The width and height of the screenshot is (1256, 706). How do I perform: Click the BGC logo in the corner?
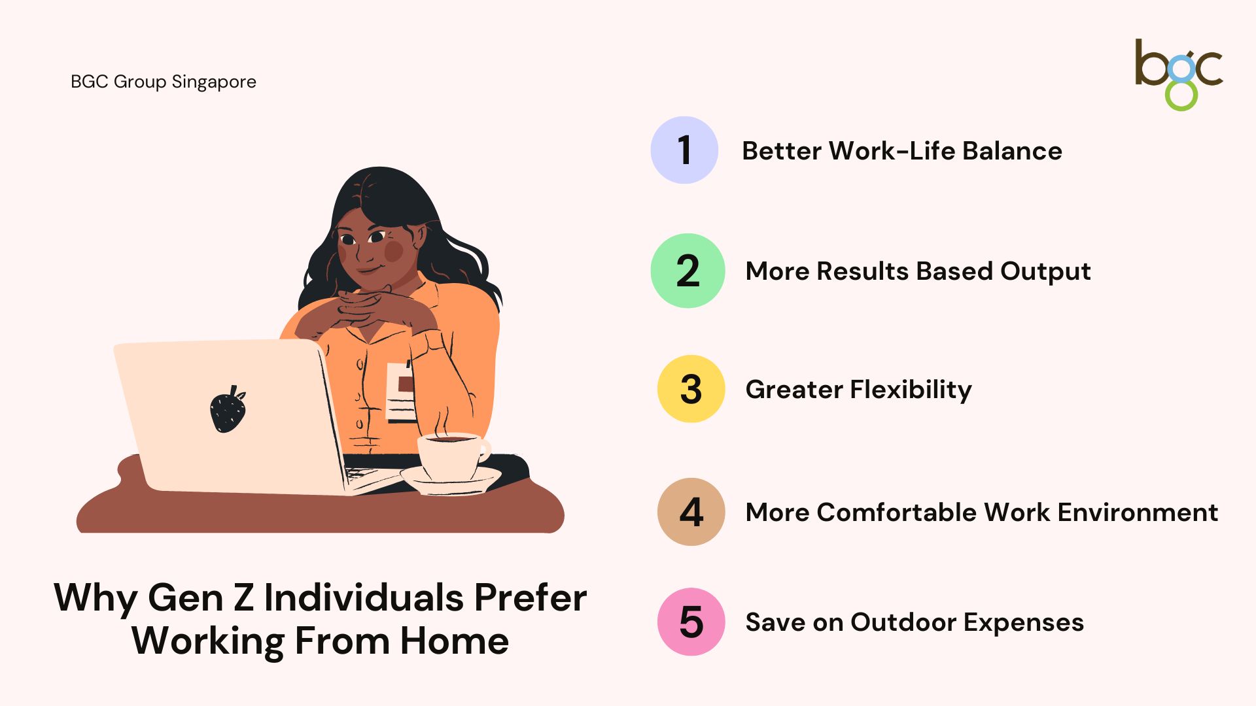1178,75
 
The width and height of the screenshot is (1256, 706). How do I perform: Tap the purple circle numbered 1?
684,150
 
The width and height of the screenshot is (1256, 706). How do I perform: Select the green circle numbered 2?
688,271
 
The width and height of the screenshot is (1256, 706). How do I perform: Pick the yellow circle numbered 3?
691,389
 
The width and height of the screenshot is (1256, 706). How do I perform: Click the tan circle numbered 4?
691,512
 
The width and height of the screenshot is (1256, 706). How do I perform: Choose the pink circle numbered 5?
691,622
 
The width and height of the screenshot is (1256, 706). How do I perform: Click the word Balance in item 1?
1012,151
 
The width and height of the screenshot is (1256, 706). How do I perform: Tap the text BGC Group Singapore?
164,82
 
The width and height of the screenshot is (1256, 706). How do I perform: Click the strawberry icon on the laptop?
228,409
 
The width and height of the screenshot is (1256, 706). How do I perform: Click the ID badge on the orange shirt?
400,391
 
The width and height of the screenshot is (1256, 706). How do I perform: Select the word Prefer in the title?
531,598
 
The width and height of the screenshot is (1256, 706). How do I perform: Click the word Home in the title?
455,641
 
